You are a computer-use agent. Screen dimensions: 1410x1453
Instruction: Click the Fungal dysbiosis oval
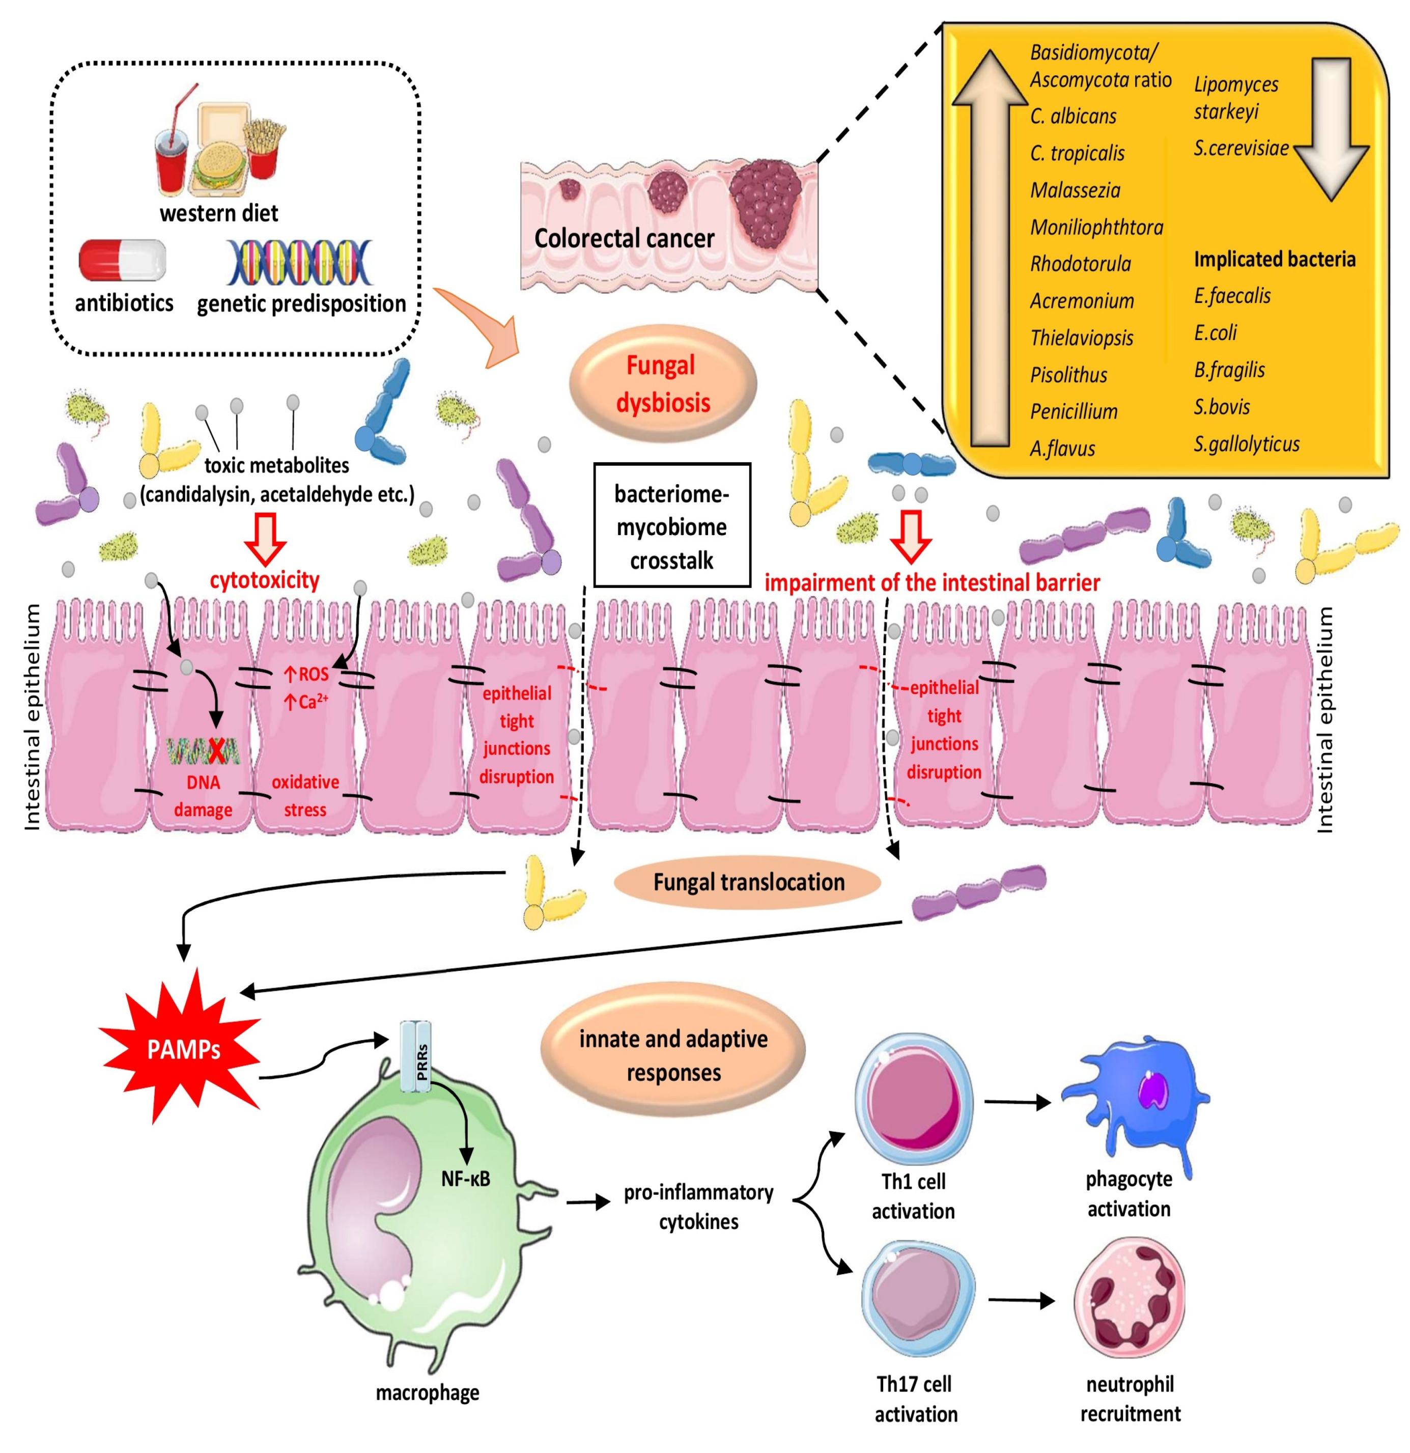point(663,383)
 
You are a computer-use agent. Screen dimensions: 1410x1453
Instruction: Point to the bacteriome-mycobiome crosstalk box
point(671,525)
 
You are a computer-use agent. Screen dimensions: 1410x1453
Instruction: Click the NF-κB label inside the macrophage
point(466,1178)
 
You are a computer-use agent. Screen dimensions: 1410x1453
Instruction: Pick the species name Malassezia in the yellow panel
point(1075,190)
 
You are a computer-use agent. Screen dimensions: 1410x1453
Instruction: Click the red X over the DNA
point(216,752)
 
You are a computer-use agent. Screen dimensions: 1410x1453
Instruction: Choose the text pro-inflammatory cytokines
point(698,1206)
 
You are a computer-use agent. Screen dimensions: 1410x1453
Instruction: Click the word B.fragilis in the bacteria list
point(1229,370)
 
